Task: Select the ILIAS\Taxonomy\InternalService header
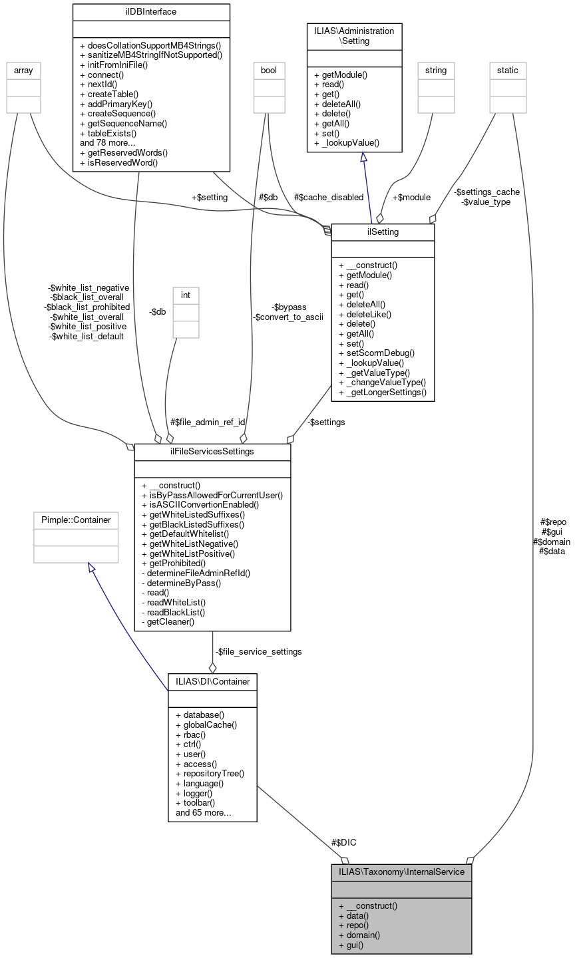(x=401, y=872)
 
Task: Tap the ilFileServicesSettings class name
(x=212, y=452)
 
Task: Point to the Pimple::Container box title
(x=76, y=519)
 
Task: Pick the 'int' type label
(x=186, y=294)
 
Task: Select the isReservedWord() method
(x=118, y=162)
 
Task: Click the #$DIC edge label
(x=343, y=842)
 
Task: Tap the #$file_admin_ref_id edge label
(x=208, y=422)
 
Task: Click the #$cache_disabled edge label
(x=329, y=197)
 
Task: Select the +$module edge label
(x=411, y=197)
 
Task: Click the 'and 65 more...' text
(x=203, y=812)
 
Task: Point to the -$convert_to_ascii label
(x=288, y=317)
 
